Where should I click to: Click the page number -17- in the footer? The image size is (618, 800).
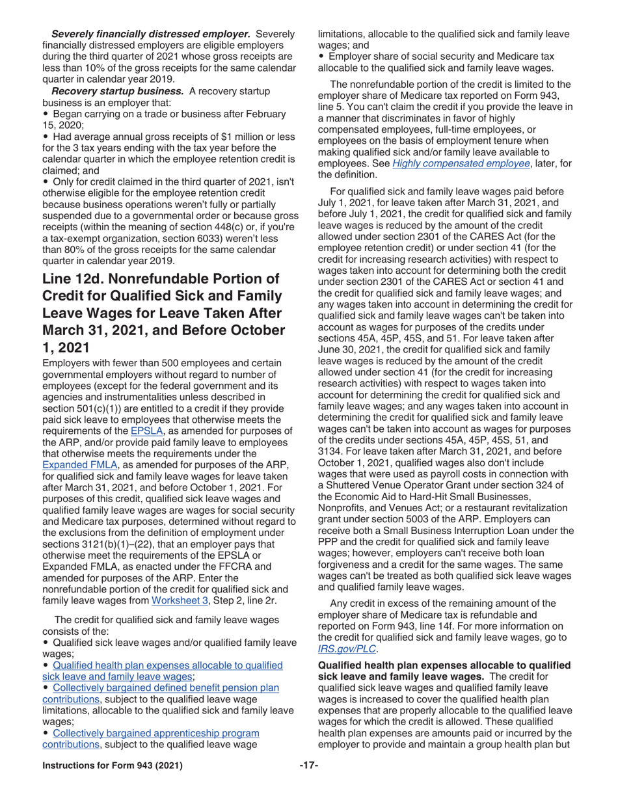pyautogui.click(x=309, y=766)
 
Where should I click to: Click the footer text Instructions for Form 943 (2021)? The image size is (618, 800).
pyautogui.click(x=113, y=766)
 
